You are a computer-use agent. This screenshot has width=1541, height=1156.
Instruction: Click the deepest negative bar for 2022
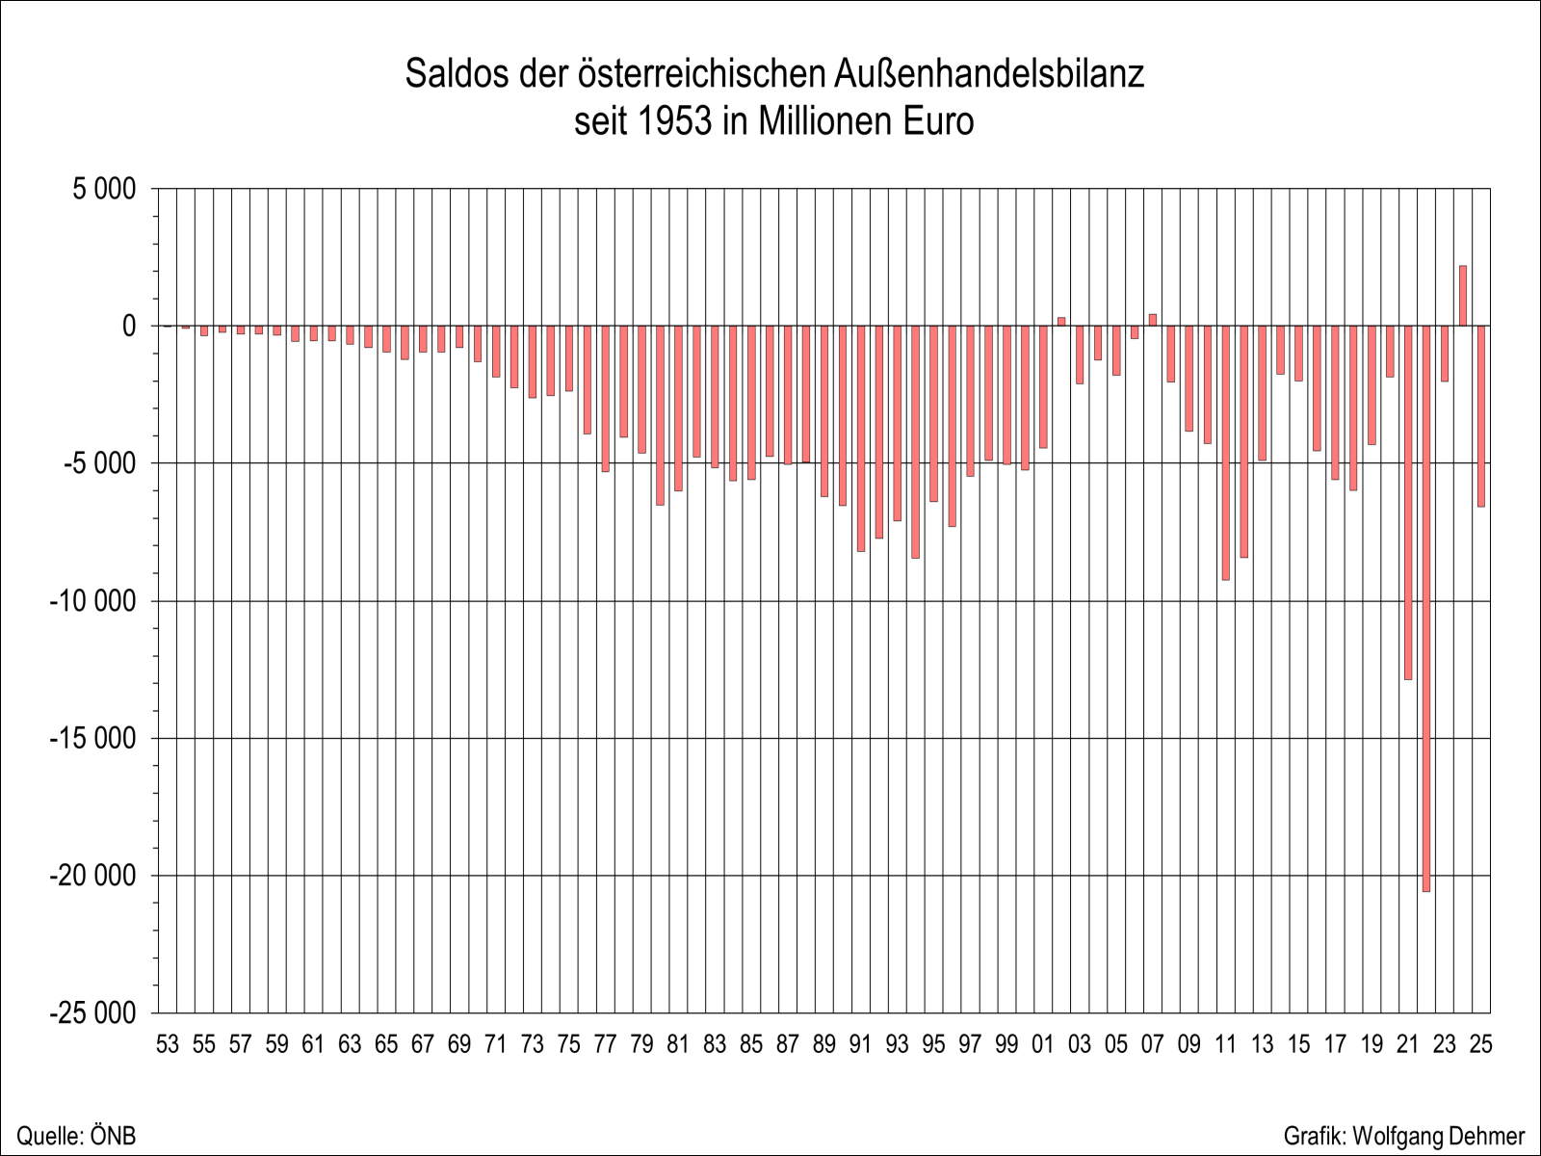pos(1425,607)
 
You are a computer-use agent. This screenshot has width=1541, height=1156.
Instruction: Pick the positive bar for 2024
pos(1462,296)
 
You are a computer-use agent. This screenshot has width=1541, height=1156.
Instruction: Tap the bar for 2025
pos(1481,416)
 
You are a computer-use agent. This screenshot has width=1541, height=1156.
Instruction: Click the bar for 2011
pos(1225,453)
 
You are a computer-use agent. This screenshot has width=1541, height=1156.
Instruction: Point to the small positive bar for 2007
pos(1152,320)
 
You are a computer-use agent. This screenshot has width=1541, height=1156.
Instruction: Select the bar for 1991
pos(860,438)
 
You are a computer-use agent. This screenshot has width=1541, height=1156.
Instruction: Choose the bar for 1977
pos(605,399)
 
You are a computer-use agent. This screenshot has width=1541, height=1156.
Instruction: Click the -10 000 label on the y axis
pos(92,601)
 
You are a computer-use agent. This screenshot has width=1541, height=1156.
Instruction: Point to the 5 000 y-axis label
pos(104,189)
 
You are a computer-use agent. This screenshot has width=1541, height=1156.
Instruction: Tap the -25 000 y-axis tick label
pos(92,1013)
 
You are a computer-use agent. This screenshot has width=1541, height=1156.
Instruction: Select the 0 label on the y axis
pos(129,327)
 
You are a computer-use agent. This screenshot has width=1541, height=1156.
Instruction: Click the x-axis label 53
pos(168,1045)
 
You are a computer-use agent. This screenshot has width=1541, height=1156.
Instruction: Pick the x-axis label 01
pos(1042,1045)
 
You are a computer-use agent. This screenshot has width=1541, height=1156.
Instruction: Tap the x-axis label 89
pos(823,1045)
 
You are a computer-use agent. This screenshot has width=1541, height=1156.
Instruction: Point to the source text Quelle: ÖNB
pos(76,1136)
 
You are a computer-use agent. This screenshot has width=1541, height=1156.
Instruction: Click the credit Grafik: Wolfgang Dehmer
pos(1404,1136)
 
